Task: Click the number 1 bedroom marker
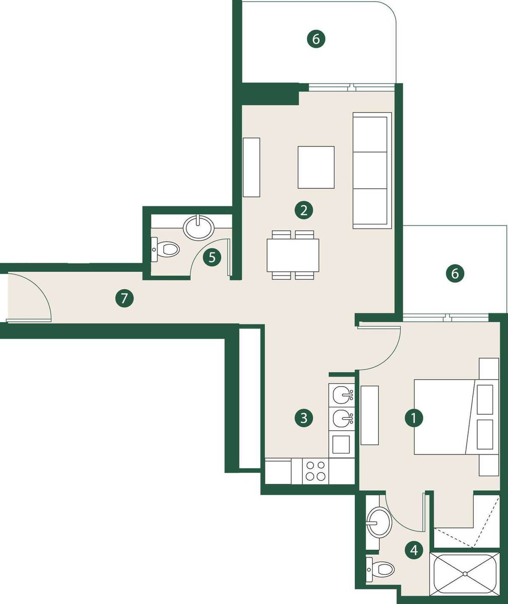(414, 418)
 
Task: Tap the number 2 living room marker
(304, 210)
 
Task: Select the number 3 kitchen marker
(304, 418)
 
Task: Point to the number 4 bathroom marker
(414, 550)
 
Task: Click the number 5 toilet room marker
(212, 257)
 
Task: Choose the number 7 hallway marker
(124, 298)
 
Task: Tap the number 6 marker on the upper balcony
(316, 39)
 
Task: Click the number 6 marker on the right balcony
(455, 273)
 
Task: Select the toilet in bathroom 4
(380, 569)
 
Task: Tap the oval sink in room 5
(199, 227)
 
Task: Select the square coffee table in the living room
(316, 168)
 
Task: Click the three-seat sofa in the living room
(372, 171)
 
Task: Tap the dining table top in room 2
(293, 255)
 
